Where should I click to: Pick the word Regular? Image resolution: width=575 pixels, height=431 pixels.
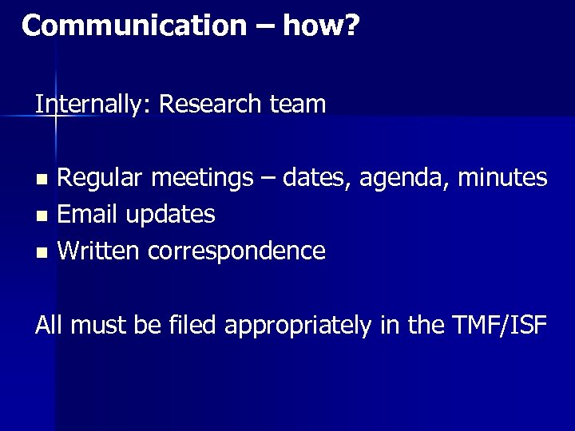101,177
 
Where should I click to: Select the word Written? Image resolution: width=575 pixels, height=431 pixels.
99,251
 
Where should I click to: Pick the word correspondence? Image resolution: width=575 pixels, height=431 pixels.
236,252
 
